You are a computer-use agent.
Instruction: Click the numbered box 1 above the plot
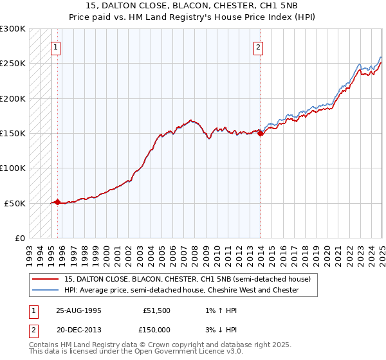56,46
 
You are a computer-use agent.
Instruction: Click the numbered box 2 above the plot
258,46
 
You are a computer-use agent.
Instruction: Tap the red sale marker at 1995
58,202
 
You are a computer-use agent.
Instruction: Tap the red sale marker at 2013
261,133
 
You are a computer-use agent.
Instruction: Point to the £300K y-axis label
13,29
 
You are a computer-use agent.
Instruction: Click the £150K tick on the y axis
13,133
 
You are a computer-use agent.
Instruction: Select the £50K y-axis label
15,203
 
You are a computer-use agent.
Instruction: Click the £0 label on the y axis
20,238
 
